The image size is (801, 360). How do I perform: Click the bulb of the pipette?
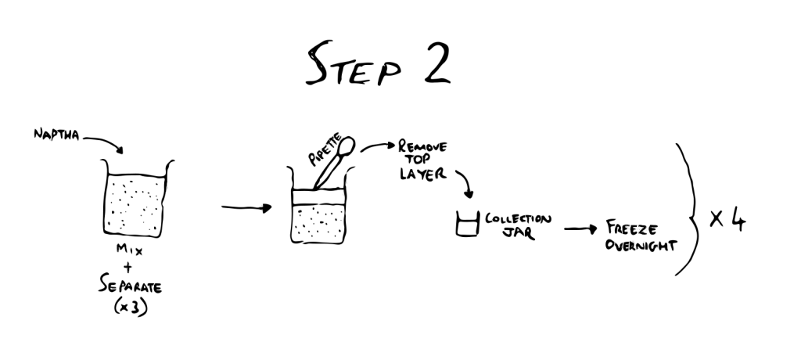347,146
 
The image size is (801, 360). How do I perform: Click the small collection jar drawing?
467,224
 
